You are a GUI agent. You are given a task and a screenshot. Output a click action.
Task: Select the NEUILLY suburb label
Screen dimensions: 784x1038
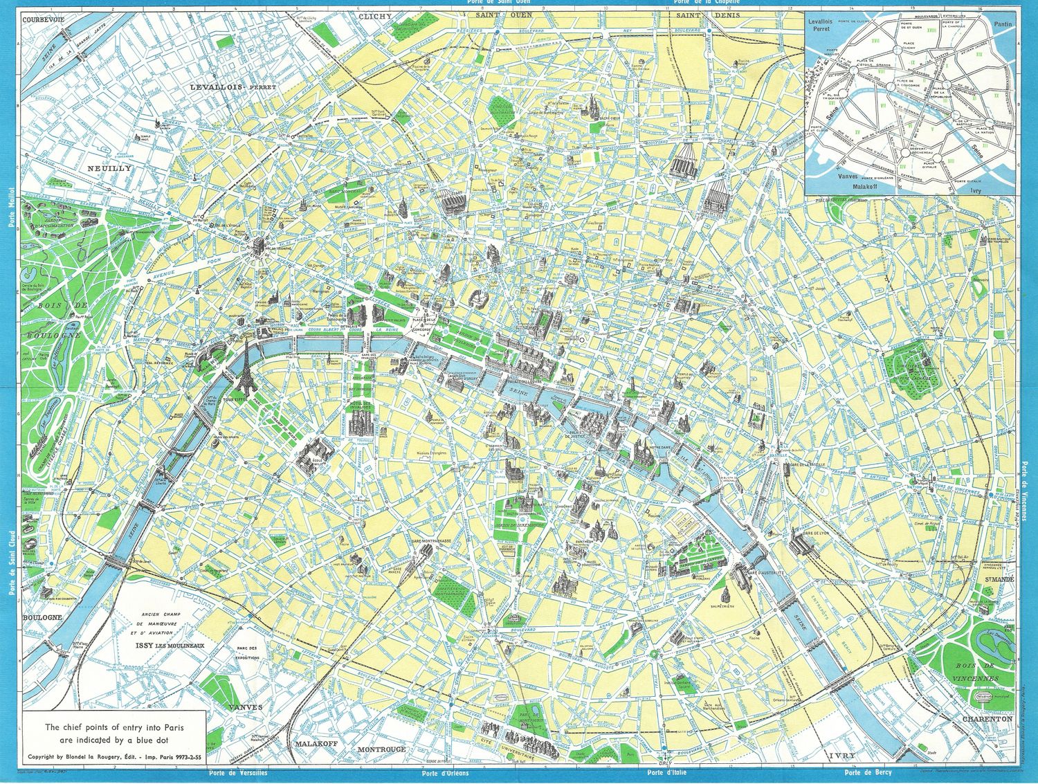[x=109, y=168]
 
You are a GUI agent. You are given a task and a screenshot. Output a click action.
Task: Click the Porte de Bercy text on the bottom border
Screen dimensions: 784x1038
[x=868, y=772]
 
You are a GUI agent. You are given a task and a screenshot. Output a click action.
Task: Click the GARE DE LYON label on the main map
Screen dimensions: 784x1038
[x=816, y=534]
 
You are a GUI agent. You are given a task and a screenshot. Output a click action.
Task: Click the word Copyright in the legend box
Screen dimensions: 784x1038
[x=44, y=755]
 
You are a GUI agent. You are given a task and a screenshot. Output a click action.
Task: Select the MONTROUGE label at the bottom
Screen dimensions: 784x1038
[x=381, y=749]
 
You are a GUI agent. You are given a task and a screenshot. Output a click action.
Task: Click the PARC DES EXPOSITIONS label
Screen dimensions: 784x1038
[x=246, y=652]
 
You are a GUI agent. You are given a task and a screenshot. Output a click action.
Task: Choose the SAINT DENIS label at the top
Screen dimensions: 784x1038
[x=698, y=15]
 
